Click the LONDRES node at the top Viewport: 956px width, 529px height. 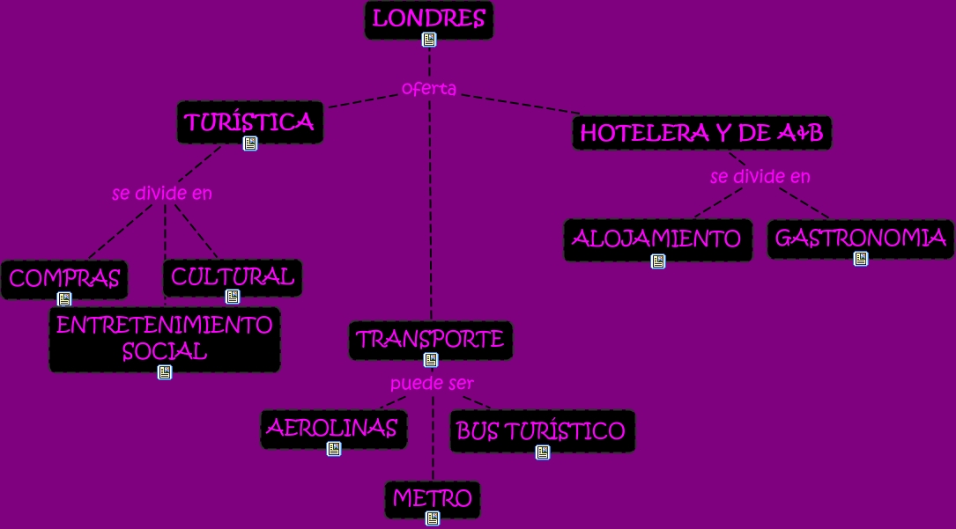click(x=429, y=18)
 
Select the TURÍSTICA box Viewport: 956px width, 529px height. click(x=250, y=121)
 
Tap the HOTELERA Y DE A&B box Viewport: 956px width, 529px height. click(x=701, y=133)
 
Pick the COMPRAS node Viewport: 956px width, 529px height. click(x=64, y=279)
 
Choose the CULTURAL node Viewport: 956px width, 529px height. click(x=233, y=276)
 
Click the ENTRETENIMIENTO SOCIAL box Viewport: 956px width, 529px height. click(x=165, y=338)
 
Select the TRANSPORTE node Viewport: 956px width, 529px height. click(x=430, y=339)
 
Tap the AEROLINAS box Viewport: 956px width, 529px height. click(x=333, y=429)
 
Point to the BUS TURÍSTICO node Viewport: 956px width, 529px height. click(x=541, y=431)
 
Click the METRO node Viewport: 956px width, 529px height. click(x=433, y=498)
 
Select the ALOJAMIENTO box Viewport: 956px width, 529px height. click(x=657, y=239)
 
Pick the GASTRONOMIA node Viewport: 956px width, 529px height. click(x=860, y=238)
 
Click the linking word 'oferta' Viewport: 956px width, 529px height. click(x=429, y=89)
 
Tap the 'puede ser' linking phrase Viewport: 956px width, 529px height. click(x=432, y=385)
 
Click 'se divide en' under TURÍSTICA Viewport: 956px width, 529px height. click(x=162, y=194)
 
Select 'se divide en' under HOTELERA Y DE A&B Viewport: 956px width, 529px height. click(x=760, y=177)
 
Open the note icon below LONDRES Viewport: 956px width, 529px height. click(x=429, y=40)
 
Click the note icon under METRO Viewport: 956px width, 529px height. click(x=433, y=518)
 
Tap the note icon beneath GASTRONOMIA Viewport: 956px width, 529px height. click(x=861, y=259)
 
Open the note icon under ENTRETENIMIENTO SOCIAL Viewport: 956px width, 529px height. click(x=165, y=372)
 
